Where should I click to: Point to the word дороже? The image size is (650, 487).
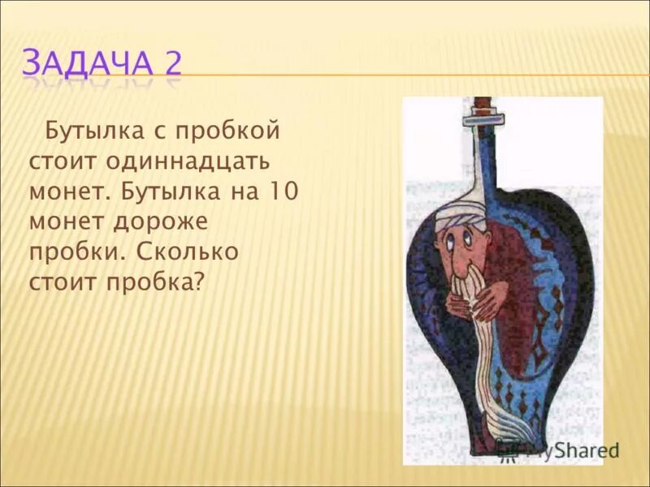[170, 222]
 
